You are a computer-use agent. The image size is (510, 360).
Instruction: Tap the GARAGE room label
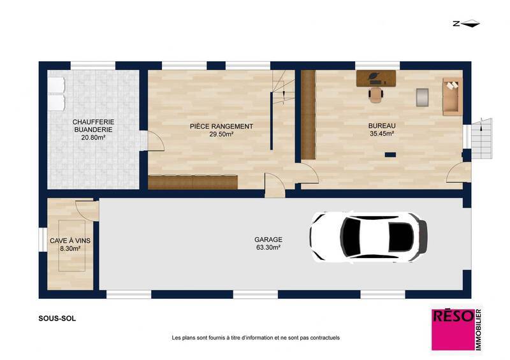[x=268, y=240]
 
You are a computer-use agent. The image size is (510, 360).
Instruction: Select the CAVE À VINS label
[x=69, y=240]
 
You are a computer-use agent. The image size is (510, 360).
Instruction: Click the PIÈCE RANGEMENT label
[x=222, y=126]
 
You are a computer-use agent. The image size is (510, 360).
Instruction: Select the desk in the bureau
[x=377, y=78]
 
